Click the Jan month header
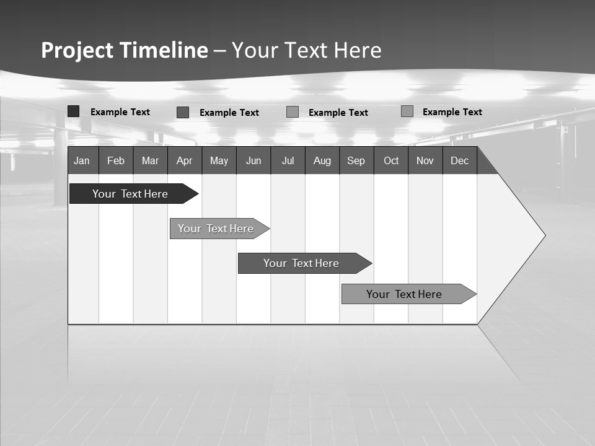[x=82, y=160]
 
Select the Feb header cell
[x=116, y=160]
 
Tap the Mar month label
[x=150, y=160]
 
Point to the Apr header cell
[x=185, y=160]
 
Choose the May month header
[x=219, y=160]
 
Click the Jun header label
[x=253, y=160]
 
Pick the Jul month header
[x=288, y=160]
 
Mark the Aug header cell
[x=322, y=160]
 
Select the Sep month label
[x=356, y=160]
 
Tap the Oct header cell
[x=391, y=160]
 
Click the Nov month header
[x=425, y=160]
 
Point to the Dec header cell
[x=460, y=160]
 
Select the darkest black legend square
[x=73, y=111]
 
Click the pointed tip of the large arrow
[x=544, y=235]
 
